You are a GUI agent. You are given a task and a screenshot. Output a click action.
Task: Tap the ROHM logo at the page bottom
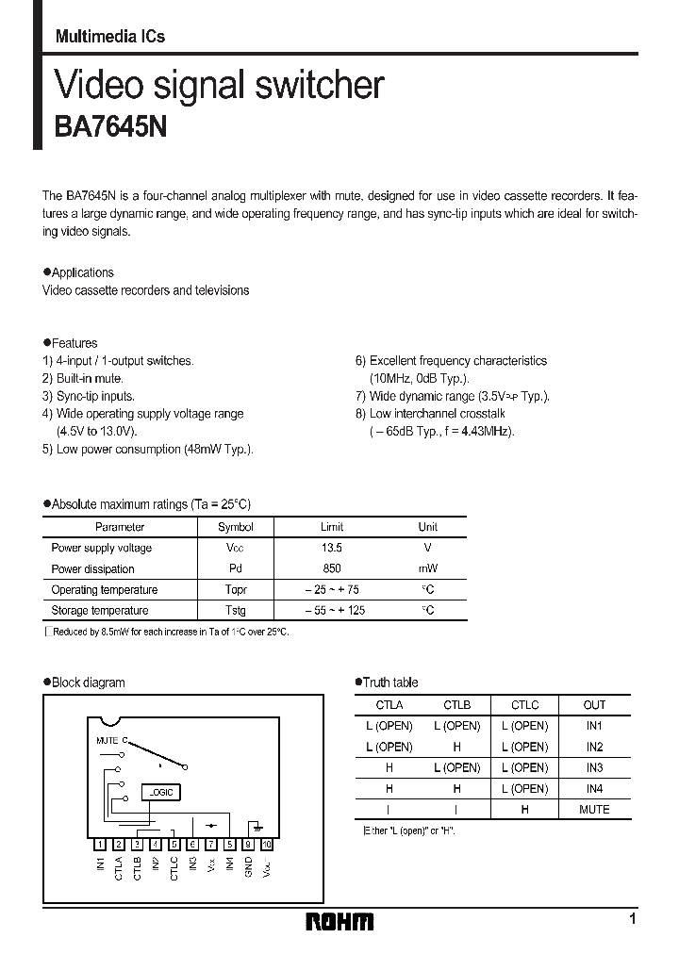[x=339, y=921]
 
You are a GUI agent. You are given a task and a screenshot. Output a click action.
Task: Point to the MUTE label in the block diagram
[x=108, y=741]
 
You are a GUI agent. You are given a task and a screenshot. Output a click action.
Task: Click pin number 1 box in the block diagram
[x=101, y=845]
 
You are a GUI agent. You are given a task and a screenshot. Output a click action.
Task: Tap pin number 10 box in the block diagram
[x=266, y=845]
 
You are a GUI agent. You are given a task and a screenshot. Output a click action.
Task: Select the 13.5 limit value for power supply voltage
[x=332, y=548]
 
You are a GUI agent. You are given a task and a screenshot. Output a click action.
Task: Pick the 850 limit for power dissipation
[x=332, y=568]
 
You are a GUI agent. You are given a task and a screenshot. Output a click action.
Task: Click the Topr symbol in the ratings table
[x=236, y=589]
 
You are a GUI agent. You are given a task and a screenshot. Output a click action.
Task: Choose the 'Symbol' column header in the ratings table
[x=236, y=527]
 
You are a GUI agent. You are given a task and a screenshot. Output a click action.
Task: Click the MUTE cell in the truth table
[x=594, y=809]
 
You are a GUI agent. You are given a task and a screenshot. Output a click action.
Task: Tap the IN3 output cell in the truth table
[x=594, y=767]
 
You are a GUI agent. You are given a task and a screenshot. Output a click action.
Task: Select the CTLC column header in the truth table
[x=524, y=704]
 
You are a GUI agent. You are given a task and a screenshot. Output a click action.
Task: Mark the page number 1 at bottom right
[x=632, y=918]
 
